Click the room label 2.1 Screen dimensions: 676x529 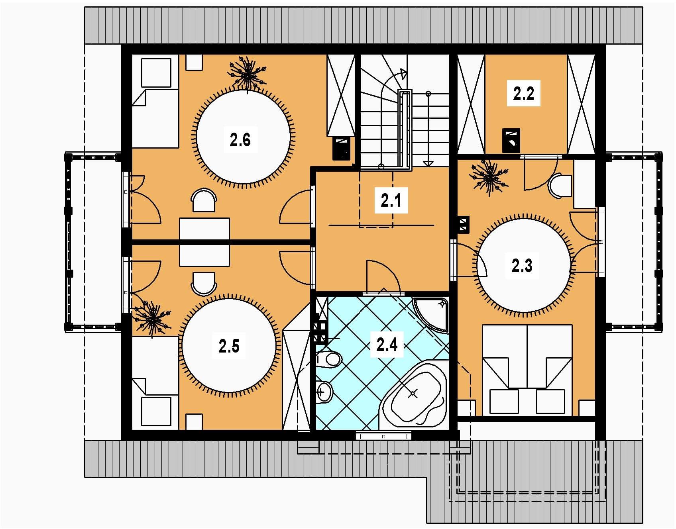[391, 200]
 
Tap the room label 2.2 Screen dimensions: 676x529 [523, 94]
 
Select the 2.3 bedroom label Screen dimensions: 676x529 [522, 265]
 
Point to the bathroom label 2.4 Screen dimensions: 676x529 [387, 344]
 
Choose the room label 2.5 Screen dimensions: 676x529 [229, 346]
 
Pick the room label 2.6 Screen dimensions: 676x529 [240, 140]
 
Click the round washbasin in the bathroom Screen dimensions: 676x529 [324, 392]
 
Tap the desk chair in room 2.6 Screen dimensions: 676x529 [204, 200]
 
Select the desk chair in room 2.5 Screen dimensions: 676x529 [204, 284]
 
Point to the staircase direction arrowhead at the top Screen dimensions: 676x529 [403, 73]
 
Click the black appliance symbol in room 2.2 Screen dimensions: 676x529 [511, 140]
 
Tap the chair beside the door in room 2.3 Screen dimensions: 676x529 [560, 186]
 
